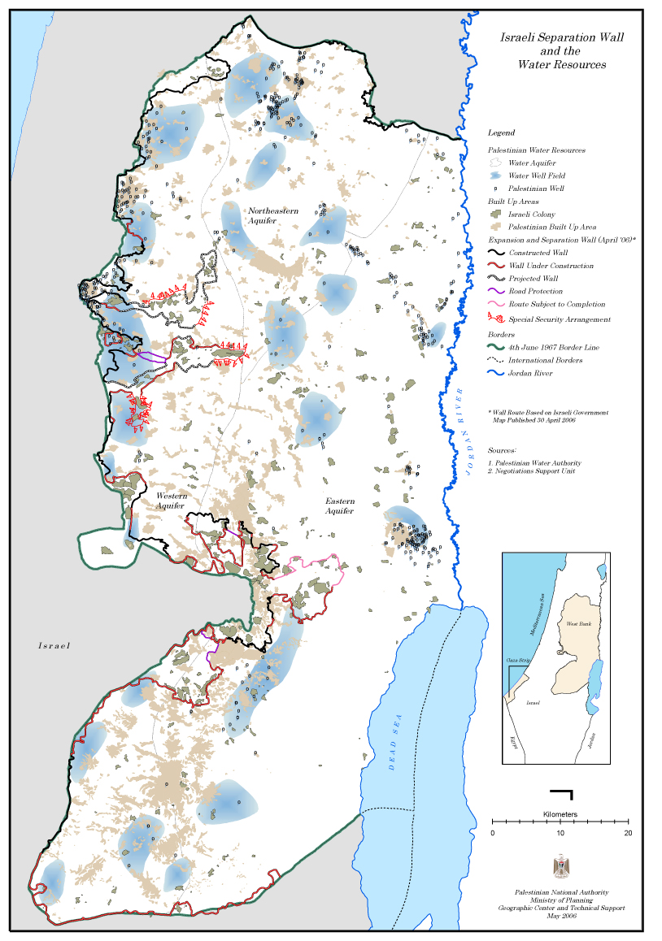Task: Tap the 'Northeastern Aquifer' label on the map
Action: coord(273,215)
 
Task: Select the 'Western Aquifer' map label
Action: coord(172,501)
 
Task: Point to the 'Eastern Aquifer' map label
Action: coord(339,506)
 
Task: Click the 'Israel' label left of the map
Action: coord(54,645)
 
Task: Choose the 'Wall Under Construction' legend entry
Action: coord(551,266)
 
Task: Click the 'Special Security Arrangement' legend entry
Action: coord(560,319)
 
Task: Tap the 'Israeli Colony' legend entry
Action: coord(532,215)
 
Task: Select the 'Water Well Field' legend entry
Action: coord(537,176)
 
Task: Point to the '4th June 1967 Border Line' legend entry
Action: coord(554,347)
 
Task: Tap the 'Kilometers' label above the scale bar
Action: coord(560,813)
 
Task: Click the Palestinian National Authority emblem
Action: coord(561,866)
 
